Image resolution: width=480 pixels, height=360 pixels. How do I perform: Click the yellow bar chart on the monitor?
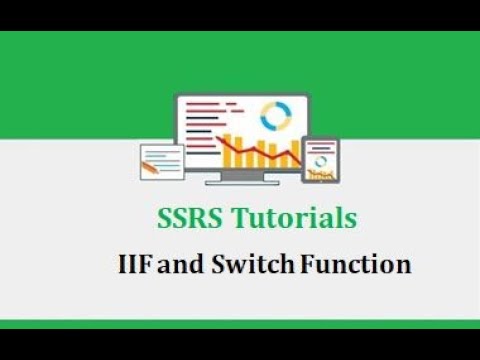[240, 150]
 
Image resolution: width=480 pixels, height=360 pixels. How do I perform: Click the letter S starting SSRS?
[165, 217]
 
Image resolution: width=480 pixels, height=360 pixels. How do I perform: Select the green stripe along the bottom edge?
[240, 324]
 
